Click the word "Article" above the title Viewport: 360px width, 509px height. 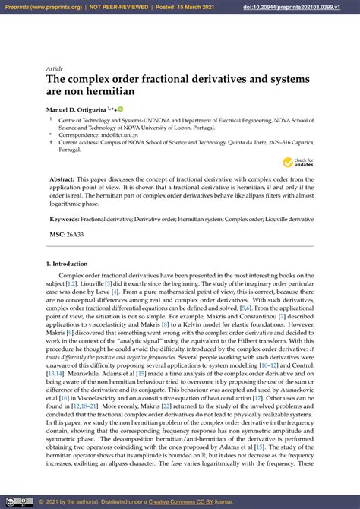55,68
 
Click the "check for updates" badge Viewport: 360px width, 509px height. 298,162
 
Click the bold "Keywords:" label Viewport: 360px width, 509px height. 65,219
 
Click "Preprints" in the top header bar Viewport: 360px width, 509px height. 17,7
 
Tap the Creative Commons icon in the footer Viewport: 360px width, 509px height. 12,501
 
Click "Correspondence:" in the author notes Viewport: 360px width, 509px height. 81,134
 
